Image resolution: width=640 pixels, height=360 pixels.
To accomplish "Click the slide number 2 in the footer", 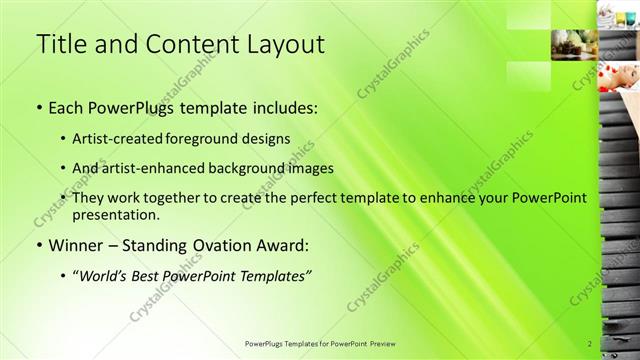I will [x=590, y=344].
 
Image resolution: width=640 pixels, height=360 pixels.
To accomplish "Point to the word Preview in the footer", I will [x=381, y=344].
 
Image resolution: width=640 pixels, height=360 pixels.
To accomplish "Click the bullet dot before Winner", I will [x=39, y=245].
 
